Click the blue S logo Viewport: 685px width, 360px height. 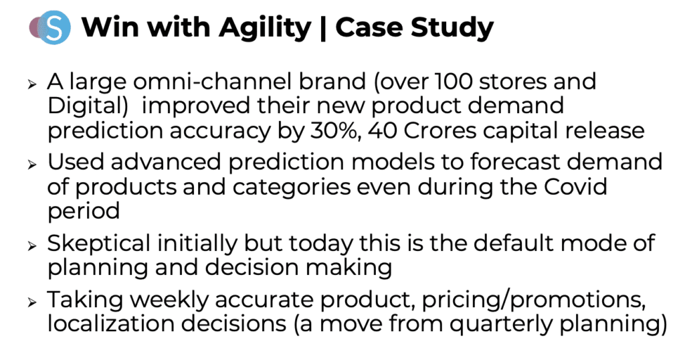[54, 27]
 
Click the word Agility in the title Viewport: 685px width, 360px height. [265, 28]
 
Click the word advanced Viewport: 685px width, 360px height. [166, 162]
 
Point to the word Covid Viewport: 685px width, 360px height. [575, 187]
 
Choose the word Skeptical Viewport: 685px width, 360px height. [99, 244]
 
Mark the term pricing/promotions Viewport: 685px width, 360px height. [533, 300]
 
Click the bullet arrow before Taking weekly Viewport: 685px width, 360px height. [32, 302]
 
